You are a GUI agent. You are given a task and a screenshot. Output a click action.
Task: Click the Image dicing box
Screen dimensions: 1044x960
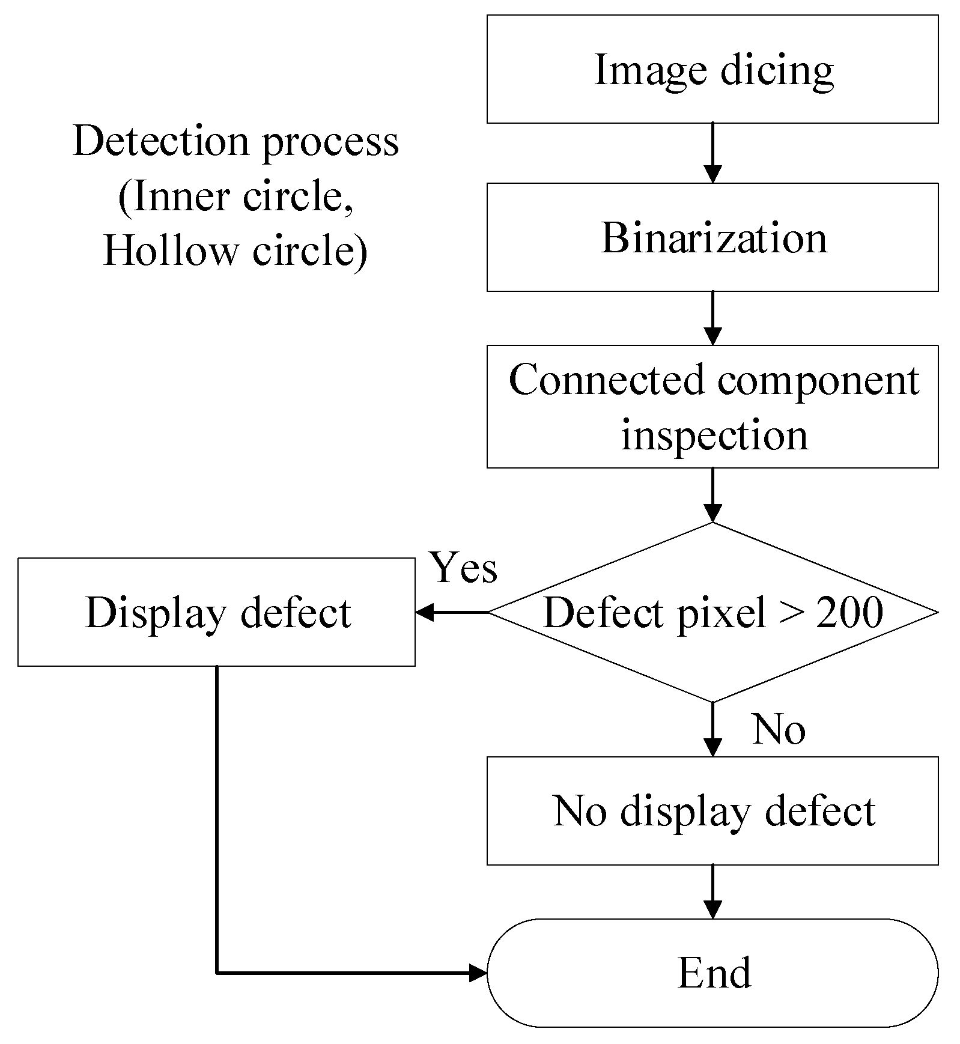point(712,69)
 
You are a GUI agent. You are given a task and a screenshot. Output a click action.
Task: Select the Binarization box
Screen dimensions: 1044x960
point(712,237)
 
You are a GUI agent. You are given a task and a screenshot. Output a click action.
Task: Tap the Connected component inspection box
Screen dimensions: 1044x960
point(712,406)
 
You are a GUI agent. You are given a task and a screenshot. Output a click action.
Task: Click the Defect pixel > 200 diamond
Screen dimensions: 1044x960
point(712,613)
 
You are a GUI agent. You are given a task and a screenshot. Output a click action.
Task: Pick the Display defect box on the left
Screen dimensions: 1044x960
point(216,612)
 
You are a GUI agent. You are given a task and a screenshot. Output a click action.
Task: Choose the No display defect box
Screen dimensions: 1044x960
point(712,810)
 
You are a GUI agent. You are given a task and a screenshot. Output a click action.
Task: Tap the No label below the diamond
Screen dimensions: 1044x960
point(779,729)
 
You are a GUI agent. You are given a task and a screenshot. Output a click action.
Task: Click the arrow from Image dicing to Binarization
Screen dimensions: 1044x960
point(712,153)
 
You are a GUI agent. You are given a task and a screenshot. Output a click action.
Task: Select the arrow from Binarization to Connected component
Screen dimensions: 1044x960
point(712,318)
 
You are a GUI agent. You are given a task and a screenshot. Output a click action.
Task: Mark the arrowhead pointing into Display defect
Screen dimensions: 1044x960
point(424,613)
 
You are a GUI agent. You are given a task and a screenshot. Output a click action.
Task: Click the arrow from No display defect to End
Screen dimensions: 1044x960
point(712,891)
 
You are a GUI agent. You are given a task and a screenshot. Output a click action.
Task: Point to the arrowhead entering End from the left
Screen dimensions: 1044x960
point(478,973)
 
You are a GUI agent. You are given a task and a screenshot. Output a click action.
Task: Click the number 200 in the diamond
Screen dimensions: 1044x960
point(849,613)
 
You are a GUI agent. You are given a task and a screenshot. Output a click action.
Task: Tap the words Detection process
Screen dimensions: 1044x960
point(235,142)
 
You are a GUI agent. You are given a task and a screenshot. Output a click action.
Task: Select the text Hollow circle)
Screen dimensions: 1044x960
point(235,250)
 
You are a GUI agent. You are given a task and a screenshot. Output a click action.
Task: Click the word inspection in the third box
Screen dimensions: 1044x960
point(714,435)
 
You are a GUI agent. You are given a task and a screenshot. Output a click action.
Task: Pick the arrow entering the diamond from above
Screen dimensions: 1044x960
point(712,496)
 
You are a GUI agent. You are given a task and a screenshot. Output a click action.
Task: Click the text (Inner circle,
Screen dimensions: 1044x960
point(235,196)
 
